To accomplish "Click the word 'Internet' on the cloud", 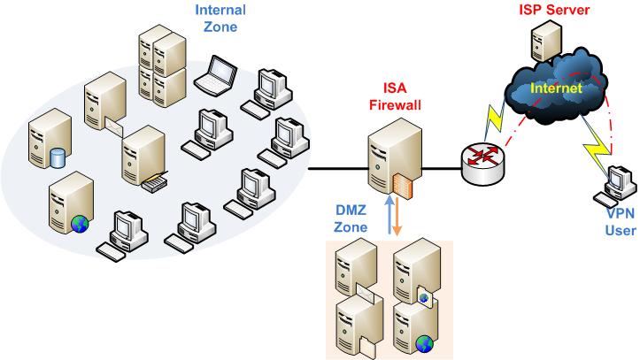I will [x=555, y=89].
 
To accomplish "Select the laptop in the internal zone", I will [x=214, y=76].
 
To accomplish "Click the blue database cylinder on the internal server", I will [x=58, y=157].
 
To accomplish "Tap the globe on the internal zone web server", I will [x=80, y=221].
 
